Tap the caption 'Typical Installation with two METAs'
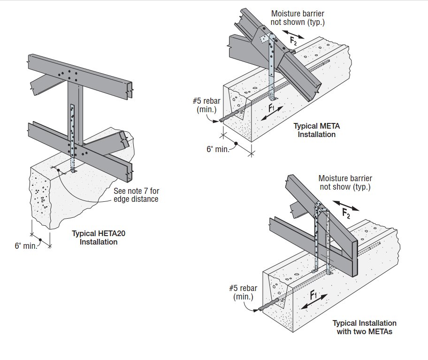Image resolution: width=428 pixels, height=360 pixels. click(364, 327)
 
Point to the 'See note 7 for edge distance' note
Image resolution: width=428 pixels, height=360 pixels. click(136, 195)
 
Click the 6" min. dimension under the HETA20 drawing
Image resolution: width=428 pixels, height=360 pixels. click(26, 245)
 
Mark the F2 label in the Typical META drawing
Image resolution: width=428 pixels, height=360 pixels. click(293, 41)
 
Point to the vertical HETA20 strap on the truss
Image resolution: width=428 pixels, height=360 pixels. click(72, 136)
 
